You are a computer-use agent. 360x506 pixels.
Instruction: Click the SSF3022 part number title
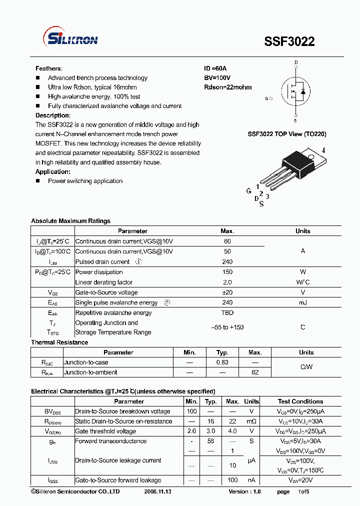pyautogui.click(x=289, y=41)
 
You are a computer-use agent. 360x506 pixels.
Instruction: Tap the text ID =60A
pyautogui.click(x=215, y=68)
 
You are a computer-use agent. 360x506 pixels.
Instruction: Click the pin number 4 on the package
pyautogui.click(x=323, y=150)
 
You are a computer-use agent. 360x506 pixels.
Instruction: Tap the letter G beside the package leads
pyautogui.click(x=248, y=191)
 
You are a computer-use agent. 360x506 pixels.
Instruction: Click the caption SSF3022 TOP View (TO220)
pyautogui.click(x=287, y=134)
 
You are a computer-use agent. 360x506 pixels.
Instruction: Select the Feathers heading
pyautogui.click(x=48, y=68)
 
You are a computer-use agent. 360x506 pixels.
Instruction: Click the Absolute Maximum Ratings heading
pyautogui.click(x=70, y=221)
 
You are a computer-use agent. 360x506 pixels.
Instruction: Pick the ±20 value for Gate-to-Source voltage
pyautogui.click(x=227, y=292)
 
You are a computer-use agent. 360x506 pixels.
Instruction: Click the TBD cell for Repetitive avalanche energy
pyautogui.click(x=227, y=313)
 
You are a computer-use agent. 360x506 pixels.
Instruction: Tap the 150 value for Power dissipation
pyautogui.click(x=227, y=272)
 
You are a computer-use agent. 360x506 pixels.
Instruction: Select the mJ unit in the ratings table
pyautogui.click(x=302, y=302)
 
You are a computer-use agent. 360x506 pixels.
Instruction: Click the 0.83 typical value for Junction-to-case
pyautogui.click(x=222, y=362)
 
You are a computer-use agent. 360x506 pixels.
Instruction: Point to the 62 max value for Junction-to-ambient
pyautogui.click(x=255, y=372)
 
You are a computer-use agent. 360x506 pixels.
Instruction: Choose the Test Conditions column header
pyautogui.click(x=300, y=401)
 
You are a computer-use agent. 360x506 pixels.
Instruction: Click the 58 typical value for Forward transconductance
pyautogui.click(x=211, y=441)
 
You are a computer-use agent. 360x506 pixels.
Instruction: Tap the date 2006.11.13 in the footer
pyautogui.click(x=157, y=492)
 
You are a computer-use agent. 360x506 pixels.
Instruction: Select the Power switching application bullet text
pyautogui.click(x=85, y=181)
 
